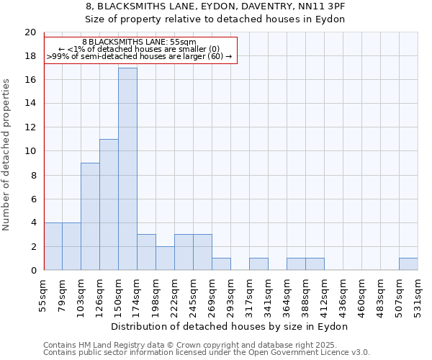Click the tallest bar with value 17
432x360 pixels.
coord(127,169)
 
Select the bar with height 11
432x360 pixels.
coord(109,204)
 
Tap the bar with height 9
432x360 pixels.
coord(90,217)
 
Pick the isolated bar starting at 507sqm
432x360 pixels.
coord(408,264)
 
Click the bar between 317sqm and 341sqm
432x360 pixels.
coord(258,264)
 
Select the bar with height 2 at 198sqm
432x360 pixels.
coord(165,258)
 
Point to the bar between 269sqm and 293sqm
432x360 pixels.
coord(221,264)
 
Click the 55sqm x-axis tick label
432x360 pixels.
coord(44,294)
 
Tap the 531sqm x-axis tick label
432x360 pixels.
coord(418,294)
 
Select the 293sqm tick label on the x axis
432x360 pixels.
coord(230,294)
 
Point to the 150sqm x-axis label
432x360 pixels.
coord(118,294)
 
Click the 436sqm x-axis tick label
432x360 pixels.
coord(343,294)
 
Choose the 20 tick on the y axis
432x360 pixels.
coord(30,32)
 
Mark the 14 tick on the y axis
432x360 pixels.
coord(30,104)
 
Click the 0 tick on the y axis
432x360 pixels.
coord(32,271)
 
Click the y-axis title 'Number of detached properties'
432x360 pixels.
coord(7,155)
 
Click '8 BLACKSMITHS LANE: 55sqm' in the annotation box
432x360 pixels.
coord(138,42)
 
